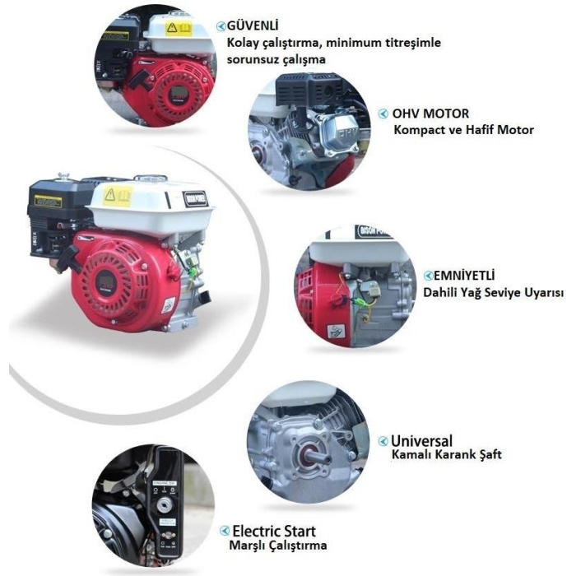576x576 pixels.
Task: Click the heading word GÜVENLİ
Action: point(250,26)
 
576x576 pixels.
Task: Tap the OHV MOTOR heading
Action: point(430,114)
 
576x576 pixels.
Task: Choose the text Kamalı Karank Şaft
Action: point(447,454)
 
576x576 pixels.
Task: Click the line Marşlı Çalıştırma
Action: point(277,545)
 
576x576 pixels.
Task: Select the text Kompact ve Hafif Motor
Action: point(463,129)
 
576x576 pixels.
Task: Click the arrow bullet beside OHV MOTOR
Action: point(383,114)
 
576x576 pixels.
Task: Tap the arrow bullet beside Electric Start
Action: point(225,532)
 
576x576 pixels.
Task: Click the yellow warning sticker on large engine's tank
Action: point(117,196)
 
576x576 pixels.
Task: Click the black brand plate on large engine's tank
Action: point(196,198)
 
